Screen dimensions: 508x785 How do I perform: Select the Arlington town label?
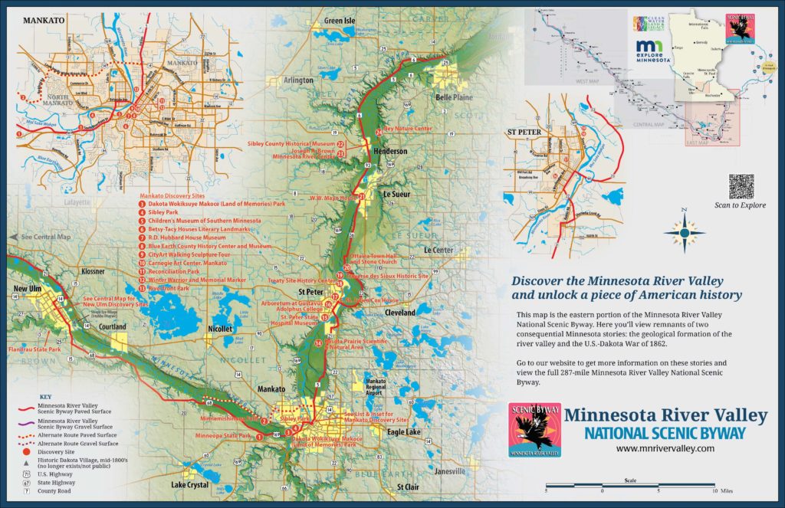[x=298, y=80]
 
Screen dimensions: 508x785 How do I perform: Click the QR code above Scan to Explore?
[x=741, y=186]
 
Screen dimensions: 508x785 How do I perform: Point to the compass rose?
[x=685, y=230]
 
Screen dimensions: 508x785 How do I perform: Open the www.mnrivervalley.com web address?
[x=665, y=449]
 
